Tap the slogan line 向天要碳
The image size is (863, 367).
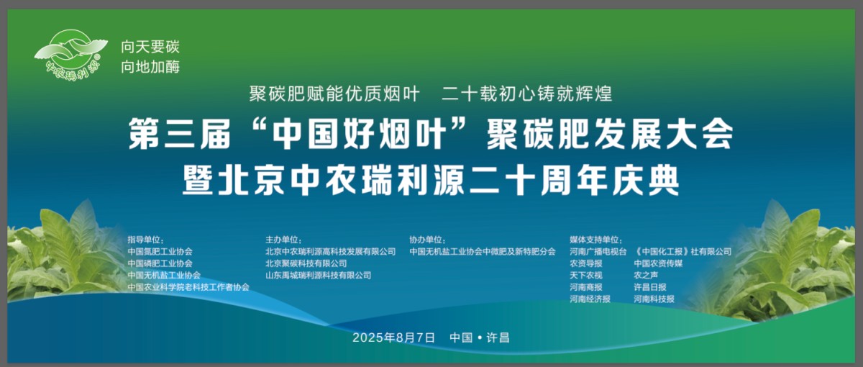tap(150, 47)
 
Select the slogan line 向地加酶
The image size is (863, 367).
tap(150, 67)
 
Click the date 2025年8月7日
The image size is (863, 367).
tap(394, 337)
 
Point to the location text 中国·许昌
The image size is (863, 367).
tap(479, 337)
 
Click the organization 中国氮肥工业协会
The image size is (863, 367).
tap(160, 252)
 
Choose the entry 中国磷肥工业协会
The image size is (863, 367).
tap(160, 263)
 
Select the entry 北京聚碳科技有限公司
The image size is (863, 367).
tap(306, 263)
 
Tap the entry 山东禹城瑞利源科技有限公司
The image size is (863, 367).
tap(318, 275)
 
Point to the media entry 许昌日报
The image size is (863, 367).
tap(649, 287)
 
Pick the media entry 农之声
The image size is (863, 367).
tap(646, 275)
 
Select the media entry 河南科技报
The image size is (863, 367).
tap(654, 299)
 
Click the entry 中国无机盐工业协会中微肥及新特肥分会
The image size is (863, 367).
tap(483, 252)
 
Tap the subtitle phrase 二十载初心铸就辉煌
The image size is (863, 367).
tap(526, 93)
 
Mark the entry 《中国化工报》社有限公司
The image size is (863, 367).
tap(682, 252)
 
